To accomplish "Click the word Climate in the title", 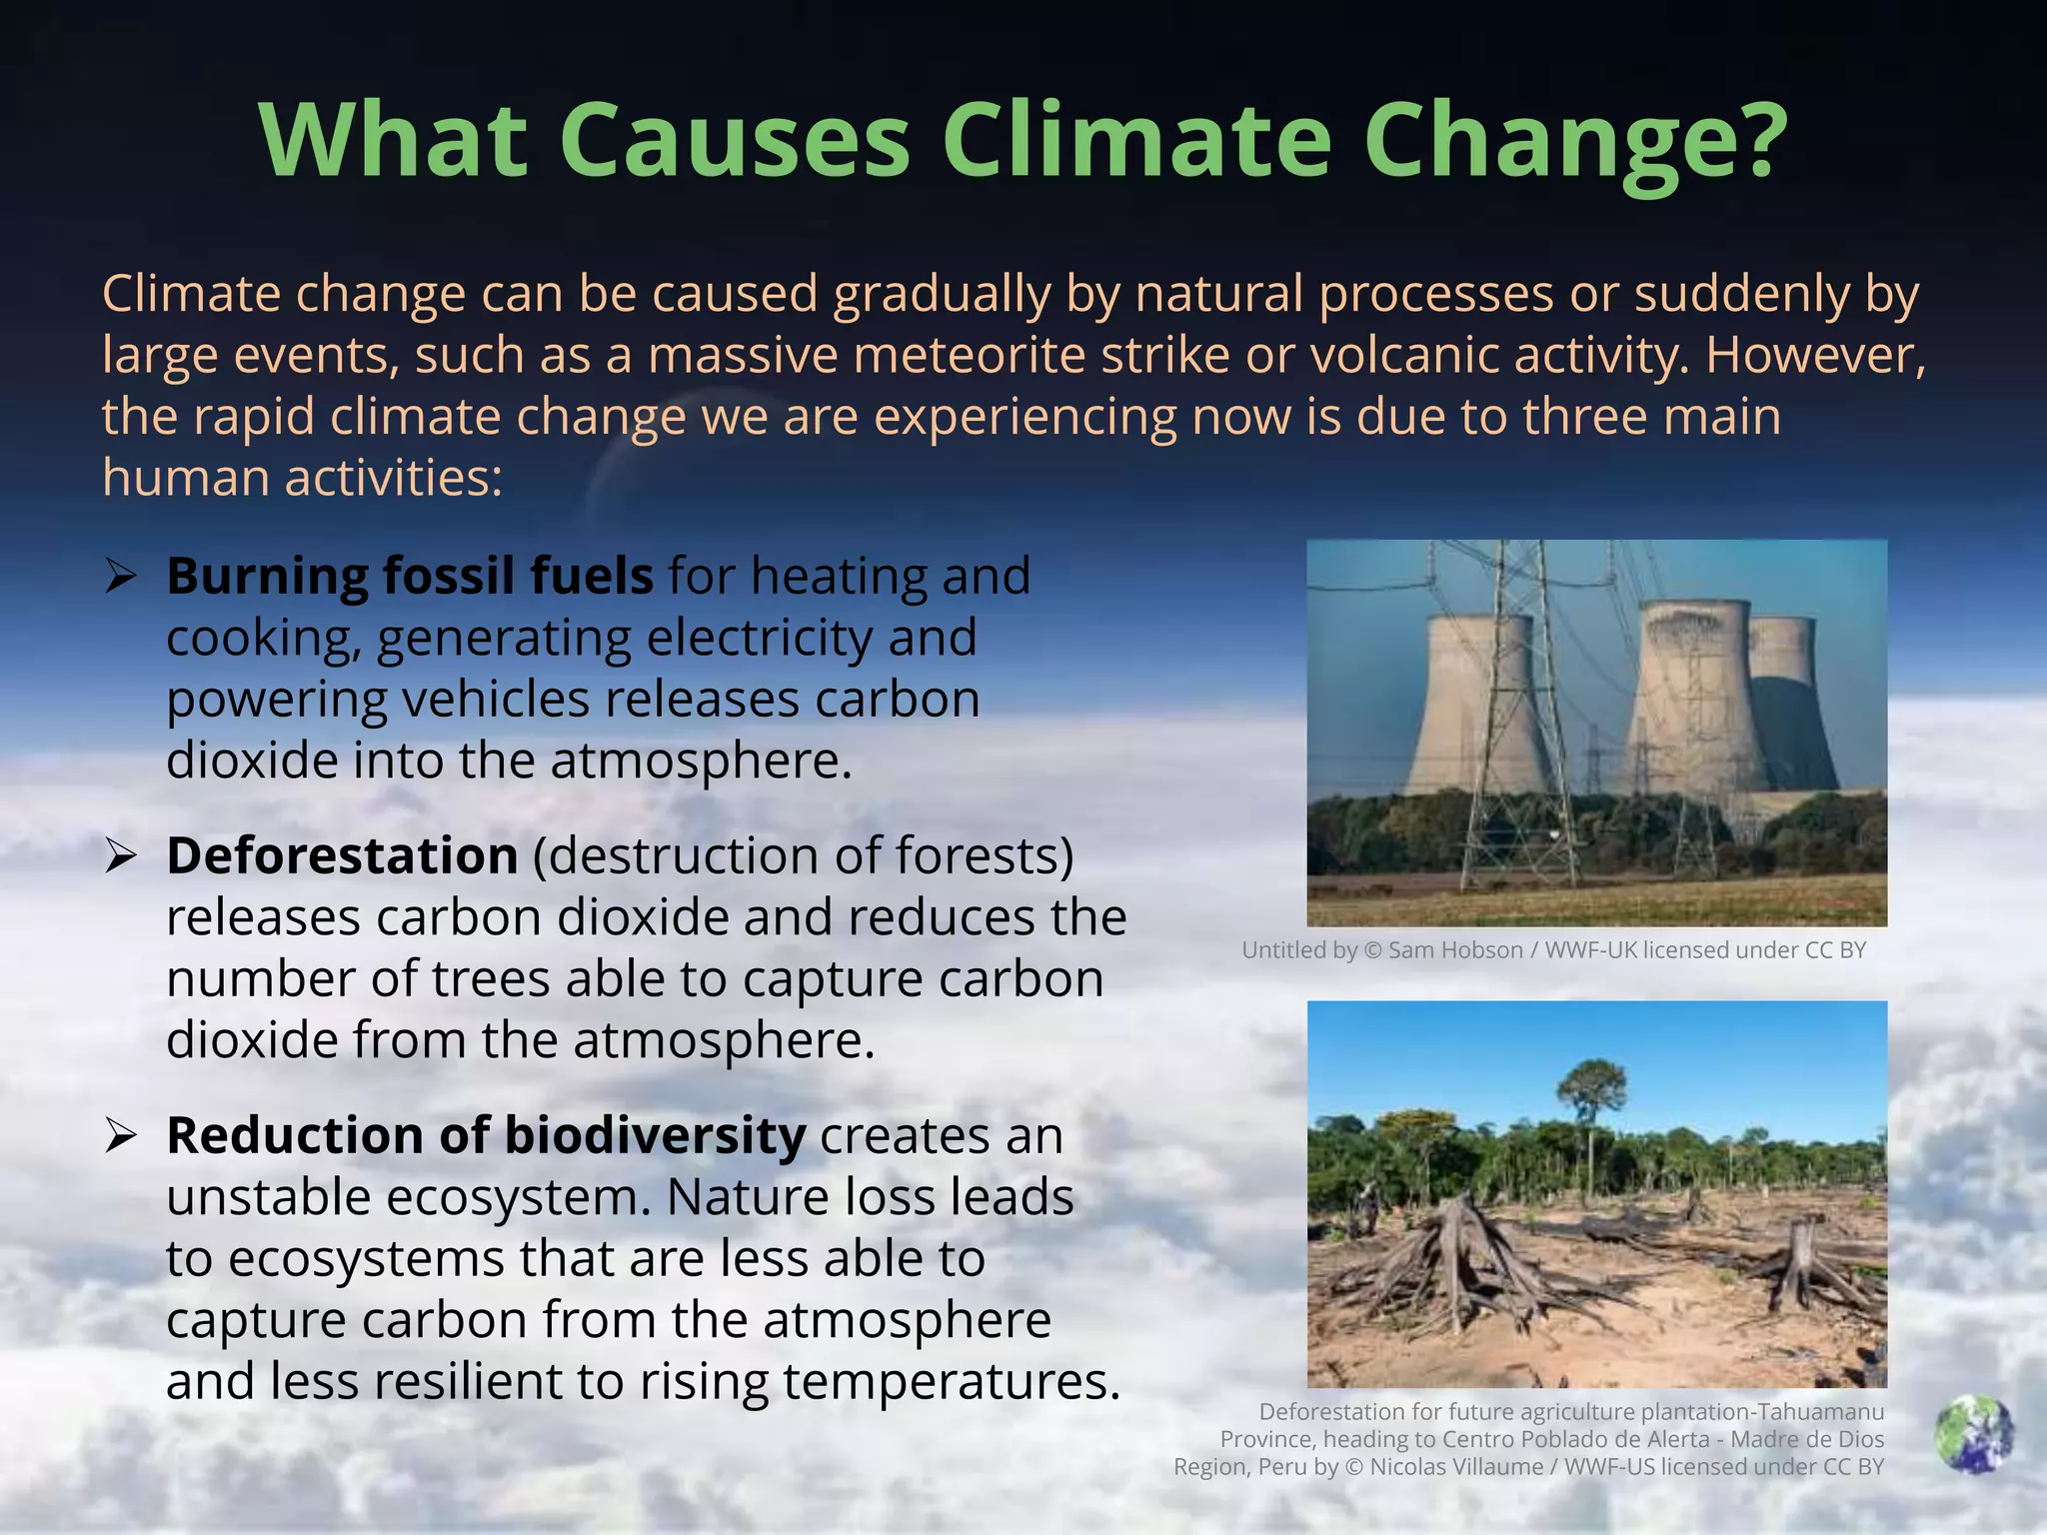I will click(1135, 140).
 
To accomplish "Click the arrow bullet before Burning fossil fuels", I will click(120, 577).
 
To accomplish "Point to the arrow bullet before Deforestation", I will click(120, 856).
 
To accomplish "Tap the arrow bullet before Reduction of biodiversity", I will click(120, 1136).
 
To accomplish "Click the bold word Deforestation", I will click(342, 856).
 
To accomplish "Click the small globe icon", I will click(1973, 1435).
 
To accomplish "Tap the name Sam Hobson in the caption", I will click(1455, 950).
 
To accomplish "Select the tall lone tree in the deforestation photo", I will click(1591, 1099).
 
